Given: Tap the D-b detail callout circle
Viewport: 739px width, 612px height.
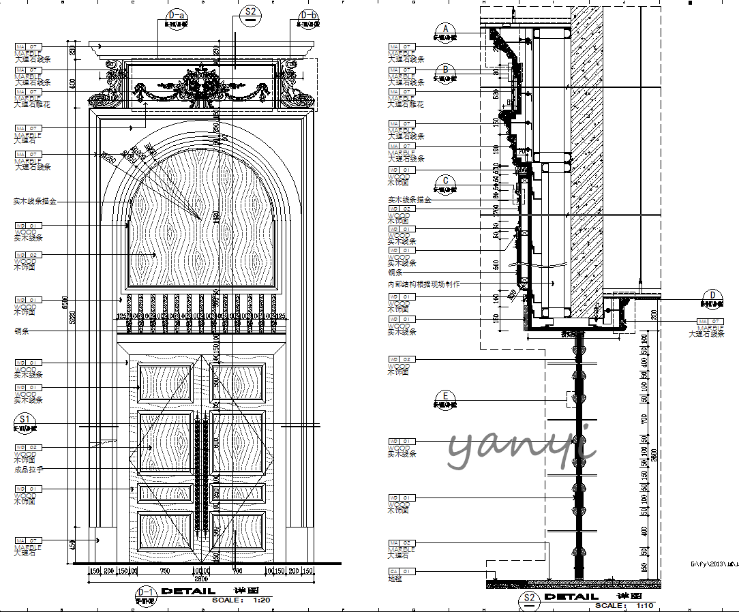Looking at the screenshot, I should click(308, 17).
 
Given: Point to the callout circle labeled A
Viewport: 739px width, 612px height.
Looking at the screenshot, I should click(446, 31).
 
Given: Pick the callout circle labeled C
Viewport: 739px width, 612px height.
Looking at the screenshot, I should click(446, 183).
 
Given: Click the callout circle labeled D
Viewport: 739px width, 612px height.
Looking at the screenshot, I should click(713, 297).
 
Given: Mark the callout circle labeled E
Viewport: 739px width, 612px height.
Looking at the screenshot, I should click(446, 397).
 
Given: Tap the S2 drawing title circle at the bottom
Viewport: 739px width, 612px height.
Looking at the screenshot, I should click(529, 600).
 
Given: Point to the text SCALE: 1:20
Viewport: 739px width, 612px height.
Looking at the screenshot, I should click(241, 600).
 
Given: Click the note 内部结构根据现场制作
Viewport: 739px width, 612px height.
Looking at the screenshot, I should click(423, 284).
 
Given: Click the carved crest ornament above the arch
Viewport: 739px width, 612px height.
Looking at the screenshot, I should click(202, 85).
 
